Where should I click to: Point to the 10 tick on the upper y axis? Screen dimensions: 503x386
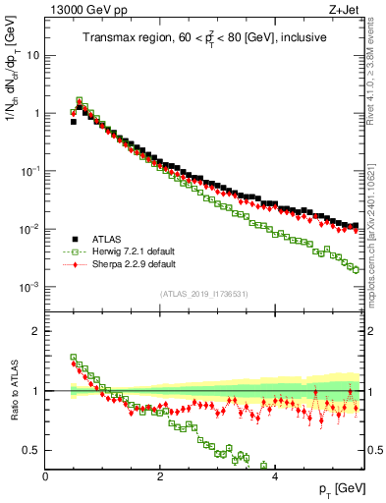pos(33,55)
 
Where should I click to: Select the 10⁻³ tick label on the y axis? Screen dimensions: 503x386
pos(30,287)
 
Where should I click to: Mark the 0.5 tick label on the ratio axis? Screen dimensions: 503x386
pos(32,450)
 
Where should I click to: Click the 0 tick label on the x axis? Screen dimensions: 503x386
pos(45,475)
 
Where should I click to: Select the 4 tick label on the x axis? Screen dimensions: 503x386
pos(275,475)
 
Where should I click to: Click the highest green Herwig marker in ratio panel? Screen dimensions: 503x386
pos(73,358)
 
